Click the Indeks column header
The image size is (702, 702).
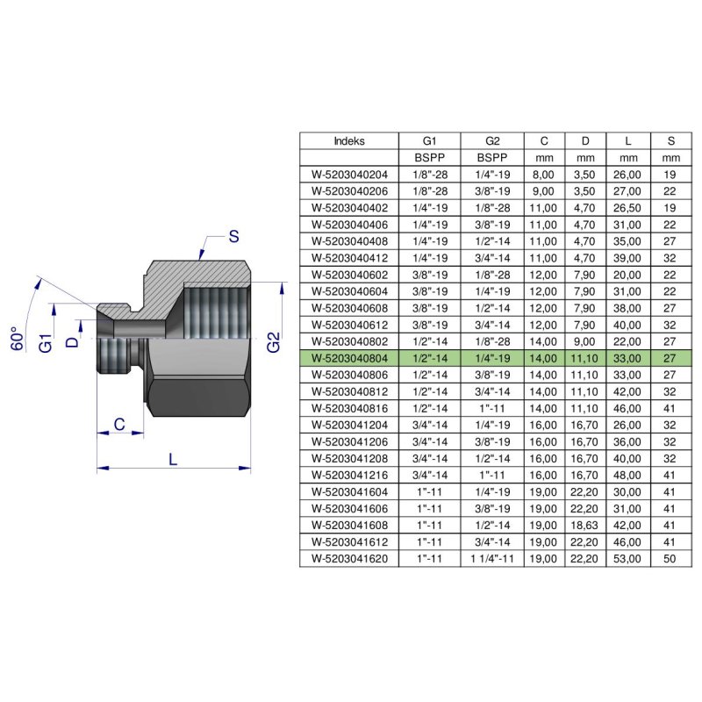[x=349, y=140]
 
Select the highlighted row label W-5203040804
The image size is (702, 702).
[x=349, y=357]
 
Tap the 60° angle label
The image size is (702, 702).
[x=16, y=340]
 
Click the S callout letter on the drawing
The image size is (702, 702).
[x=233, y=235]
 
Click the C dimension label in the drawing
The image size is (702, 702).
[x=117, y=424]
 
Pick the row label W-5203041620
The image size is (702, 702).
[x=349, y=557]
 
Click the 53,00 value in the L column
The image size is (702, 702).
[x=628, y=557]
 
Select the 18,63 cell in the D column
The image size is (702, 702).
[x=586, y=524]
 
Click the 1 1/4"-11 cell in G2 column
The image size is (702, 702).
[x=491, y=557]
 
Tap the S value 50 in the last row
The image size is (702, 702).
[x=670, y=557]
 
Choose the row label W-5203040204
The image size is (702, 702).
[x=349, y=174]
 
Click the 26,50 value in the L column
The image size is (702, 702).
[x=628, y=207]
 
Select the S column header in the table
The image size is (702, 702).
[x=670, y=140]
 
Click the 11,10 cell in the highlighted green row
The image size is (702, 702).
[x=586, y=357]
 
